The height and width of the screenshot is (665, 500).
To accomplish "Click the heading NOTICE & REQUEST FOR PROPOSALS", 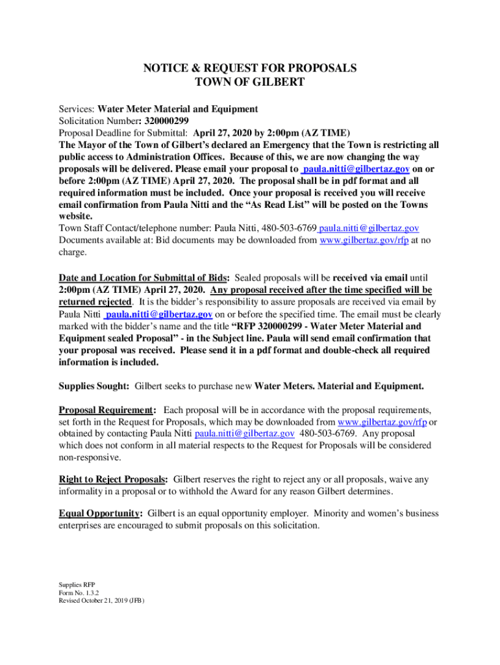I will click(250, 68).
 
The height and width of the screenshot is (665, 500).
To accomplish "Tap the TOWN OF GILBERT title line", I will click(250, 82).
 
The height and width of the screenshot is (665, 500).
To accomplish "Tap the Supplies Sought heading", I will click(93, 386).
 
